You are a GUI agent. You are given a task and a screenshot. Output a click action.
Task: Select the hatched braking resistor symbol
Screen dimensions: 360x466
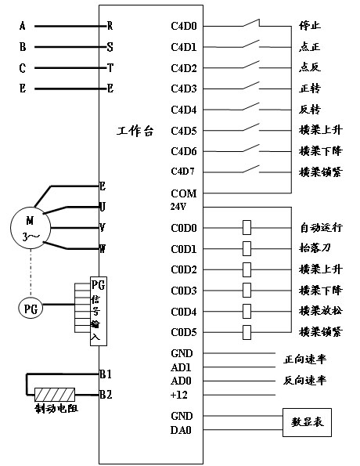(x=55, y=395)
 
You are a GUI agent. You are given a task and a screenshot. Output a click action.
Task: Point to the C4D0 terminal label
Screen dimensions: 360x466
(x=184, y=26)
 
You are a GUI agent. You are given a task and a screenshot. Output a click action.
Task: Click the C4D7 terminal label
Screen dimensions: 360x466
(x=182, y=172)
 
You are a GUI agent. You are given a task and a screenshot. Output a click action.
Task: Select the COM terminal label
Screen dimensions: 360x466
(x=184, y=193)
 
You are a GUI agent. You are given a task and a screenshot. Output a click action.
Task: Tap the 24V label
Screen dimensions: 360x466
(x=178, y=206)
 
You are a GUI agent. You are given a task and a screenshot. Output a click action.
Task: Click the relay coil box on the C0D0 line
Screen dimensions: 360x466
(x=247, y=228)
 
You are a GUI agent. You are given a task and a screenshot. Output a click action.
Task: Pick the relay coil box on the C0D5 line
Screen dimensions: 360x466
(x=247, y=332)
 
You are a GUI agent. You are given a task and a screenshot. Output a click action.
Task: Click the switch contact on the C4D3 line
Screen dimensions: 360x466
(x=251, y=85)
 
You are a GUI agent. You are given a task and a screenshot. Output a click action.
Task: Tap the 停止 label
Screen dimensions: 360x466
(x=310, y=26)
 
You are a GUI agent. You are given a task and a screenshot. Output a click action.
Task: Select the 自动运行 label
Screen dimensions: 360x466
(x=322, y=228)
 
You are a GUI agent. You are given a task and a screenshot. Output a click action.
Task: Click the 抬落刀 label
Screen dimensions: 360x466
(x=315, y=247)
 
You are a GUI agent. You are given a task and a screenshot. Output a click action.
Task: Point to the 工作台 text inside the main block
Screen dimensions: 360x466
(x=135, y=131)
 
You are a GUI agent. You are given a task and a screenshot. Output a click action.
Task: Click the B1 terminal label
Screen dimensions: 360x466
(x=106, y=374)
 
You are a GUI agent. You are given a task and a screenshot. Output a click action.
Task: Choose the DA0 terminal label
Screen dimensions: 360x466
(x=181, y=430)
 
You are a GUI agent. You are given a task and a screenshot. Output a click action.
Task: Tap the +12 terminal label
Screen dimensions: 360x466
(x=178, y=395)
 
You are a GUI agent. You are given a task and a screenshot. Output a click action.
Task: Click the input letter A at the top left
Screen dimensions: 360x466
(x=23, y=26)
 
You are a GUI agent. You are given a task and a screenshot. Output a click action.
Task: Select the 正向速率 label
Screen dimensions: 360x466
(x=304, y=359)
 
